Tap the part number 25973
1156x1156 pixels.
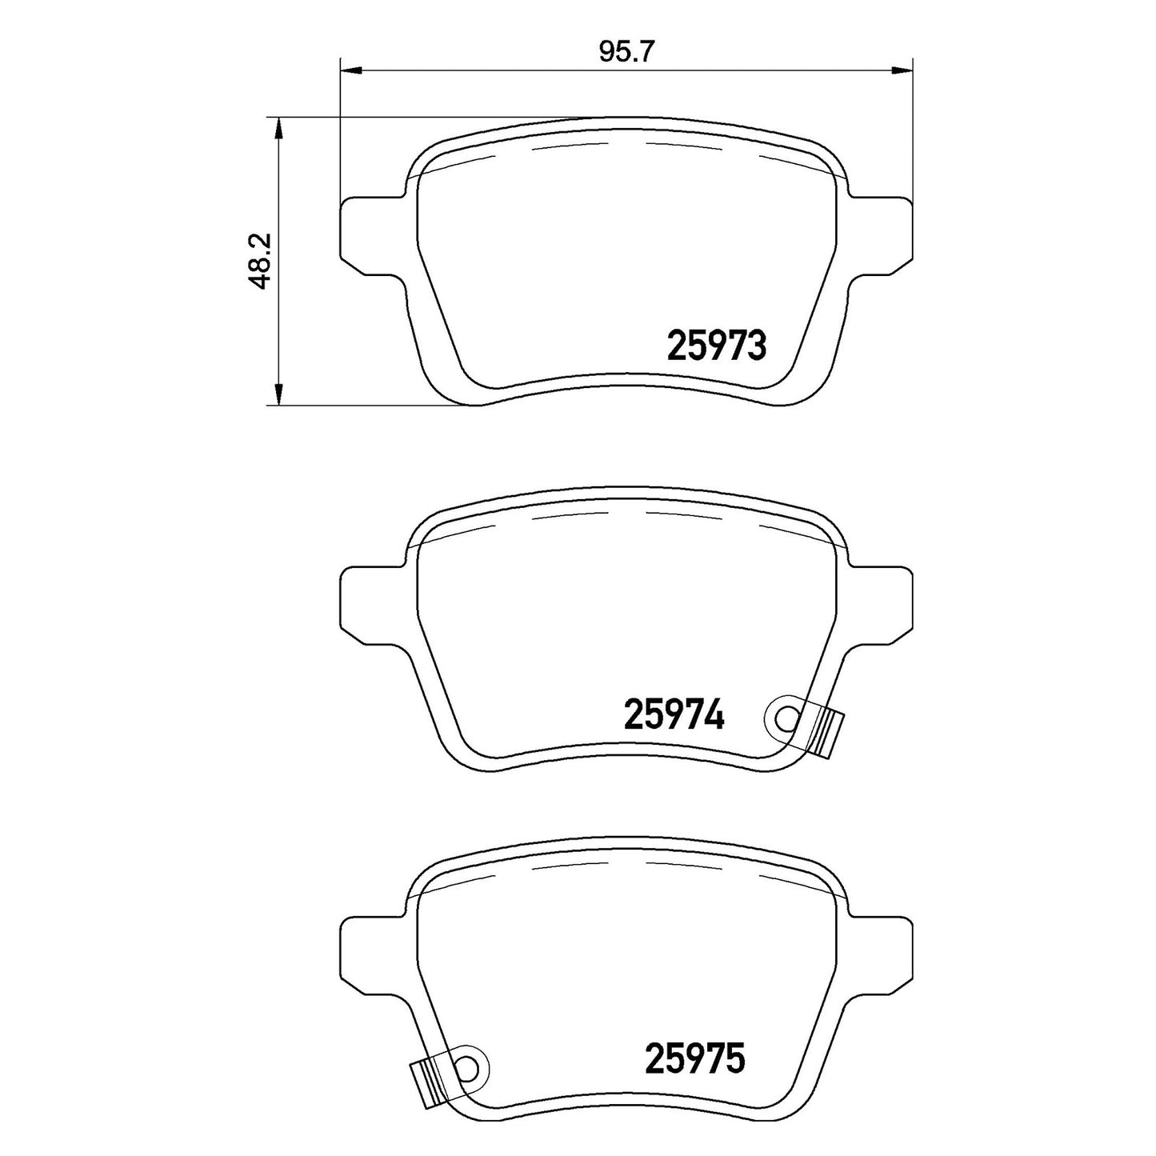pyautogui.click(x=717, y=346)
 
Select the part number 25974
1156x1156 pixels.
pyautogui.click(x=674, y=714)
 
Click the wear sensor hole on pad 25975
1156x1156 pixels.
pyautogui.click(x=468, y=1016)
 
